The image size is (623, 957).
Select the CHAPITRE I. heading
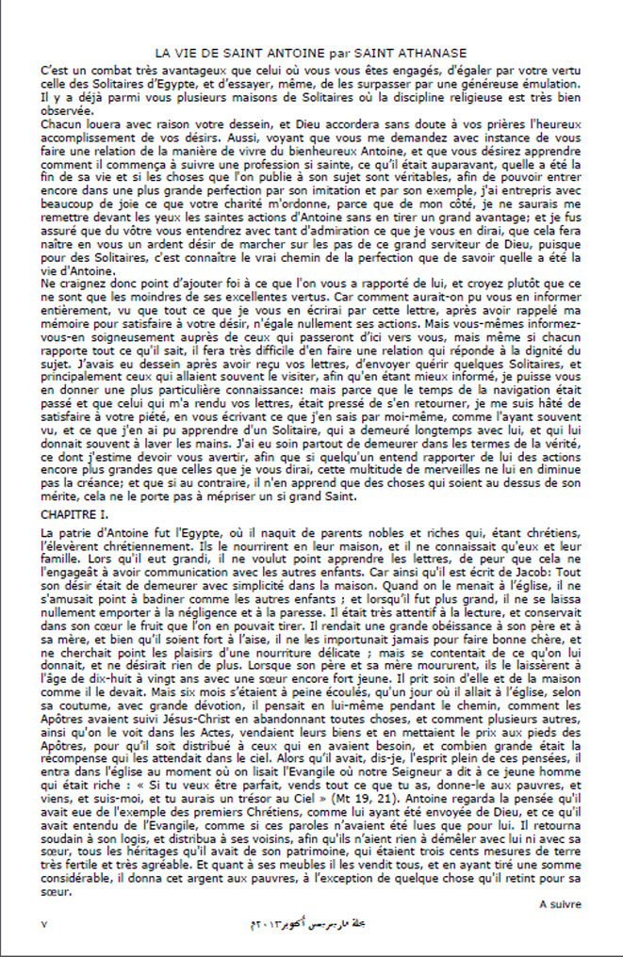coord(74,516)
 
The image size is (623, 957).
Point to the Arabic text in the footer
coord(312,923)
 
